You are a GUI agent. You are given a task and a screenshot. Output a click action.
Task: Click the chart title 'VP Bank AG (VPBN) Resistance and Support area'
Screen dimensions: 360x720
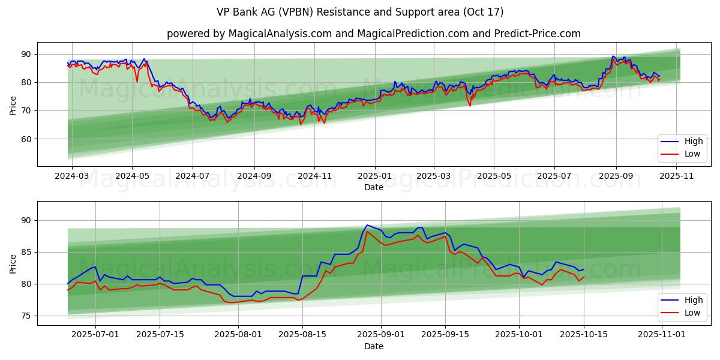[x=359, y=12]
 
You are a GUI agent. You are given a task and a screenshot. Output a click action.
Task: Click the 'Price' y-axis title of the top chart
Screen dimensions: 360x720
[x=13, y=104]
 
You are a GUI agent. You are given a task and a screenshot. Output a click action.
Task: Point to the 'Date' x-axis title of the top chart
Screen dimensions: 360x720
[x=373, y=187]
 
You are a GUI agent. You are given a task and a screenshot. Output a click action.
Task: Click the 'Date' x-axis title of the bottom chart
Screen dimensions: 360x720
[x=373, y=346]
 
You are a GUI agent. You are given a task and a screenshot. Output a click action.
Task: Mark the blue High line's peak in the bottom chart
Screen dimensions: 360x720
[x=367, y=225]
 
